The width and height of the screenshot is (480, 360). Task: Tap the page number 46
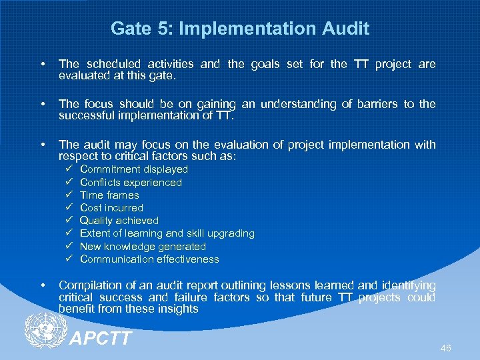tap(446, 349)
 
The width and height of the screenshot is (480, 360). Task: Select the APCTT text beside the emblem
tap(101, 338)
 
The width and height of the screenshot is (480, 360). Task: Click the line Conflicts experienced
tap(131, 182)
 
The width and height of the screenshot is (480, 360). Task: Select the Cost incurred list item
tap(111, 207)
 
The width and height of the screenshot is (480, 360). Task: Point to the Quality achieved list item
tap(119, 220)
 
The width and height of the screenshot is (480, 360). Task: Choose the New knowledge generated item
tap(143, 246)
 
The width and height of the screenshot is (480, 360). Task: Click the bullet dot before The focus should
tap(43, 105)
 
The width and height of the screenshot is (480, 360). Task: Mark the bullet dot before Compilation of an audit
tap(43, 286)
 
